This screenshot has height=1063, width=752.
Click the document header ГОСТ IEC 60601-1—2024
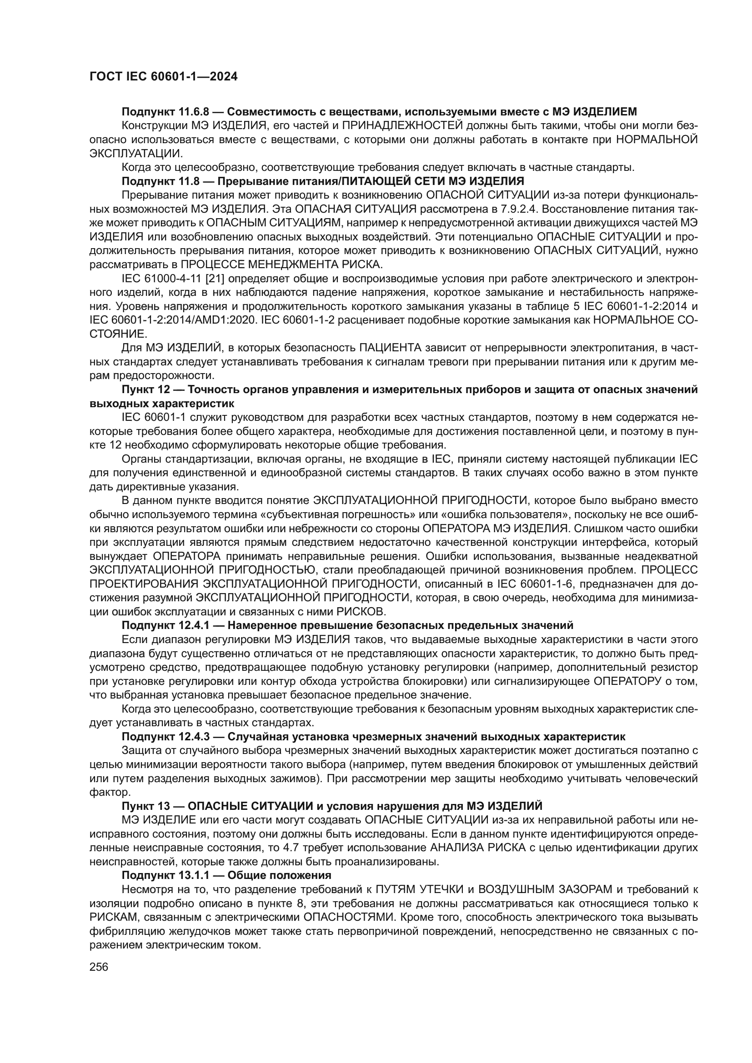163,77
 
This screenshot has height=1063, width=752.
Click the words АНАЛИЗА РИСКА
478,848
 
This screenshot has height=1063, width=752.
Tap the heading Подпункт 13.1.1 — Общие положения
226,875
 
